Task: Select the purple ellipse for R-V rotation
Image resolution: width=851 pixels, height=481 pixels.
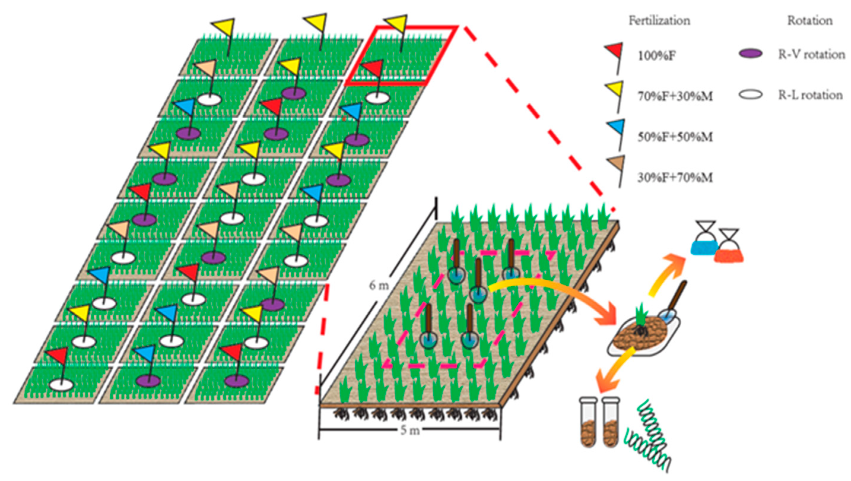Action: point(750,54)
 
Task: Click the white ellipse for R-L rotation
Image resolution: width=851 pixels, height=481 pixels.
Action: point(750,95)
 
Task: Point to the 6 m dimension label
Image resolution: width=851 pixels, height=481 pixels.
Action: point(379,285)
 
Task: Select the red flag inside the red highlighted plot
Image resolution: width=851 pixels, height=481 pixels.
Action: point(374,68)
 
